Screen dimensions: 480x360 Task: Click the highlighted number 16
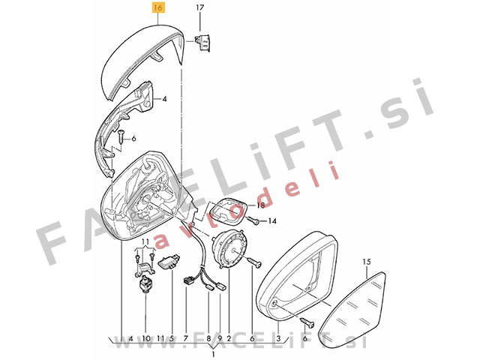tap(158, 7)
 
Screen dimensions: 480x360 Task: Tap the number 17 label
tap(199, 7)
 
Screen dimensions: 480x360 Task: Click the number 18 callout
tap(260, 205)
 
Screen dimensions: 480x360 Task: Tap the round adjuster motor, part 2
tap(230, 248)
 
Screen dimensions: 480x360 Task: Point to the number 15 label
tap(367, 262)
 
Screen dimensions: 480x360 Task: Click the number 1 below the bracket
tap(213, 355)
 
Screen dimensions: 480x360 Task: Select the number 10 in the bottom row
tap(146, 338)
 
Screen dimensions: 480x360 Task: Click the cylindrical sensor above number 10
tap(145, 283)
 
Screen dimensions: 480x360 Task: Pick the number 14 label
tap(272, 220)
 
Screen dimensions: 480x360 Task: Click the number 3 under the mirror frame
tap(278, 338)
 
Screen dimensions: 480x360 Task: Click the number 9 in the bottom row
tap(220, 338)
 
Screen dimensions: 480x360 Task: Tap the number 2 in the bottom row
tap(229, 338)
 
